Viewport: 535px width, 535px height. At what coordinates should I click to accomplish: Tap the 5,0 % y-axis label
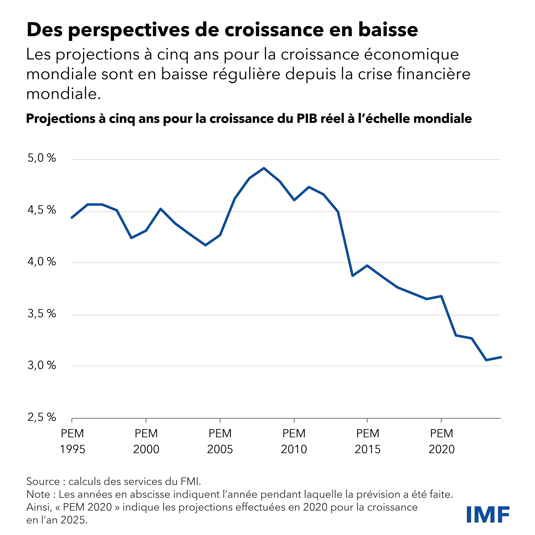42,158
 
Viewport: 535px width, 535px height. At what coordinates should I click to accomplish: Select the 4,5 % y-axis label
42,210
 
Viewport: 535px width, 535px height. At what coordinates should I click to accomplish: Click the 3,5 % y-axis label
42,314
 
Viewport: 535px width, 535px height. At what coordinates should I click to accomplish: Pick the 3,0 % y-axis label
42,366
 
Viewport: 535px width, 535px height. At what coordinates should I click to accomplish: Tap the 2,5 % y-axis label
42,417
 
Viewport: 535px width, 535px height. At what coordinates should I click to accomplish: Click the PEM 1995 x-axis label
72,441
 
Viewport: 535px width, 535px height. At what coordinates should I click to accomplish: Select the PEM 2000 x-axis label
146,441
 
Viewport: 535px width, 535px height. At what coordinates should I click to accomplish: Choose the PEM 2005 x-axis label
220,441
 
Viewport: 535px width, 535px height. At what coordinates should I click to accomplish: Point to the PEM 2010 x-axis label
294,441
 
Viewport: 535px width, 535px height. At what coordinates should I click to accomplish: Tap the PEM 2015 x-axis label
367,441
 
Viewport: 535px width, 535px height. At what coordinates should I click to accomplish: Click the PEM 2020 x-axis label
441,441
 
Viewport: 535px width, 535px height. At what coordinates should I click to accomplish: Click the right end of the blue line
501,357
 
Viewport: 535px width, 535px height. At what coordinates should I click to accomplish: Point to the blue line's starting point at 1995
72,218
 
